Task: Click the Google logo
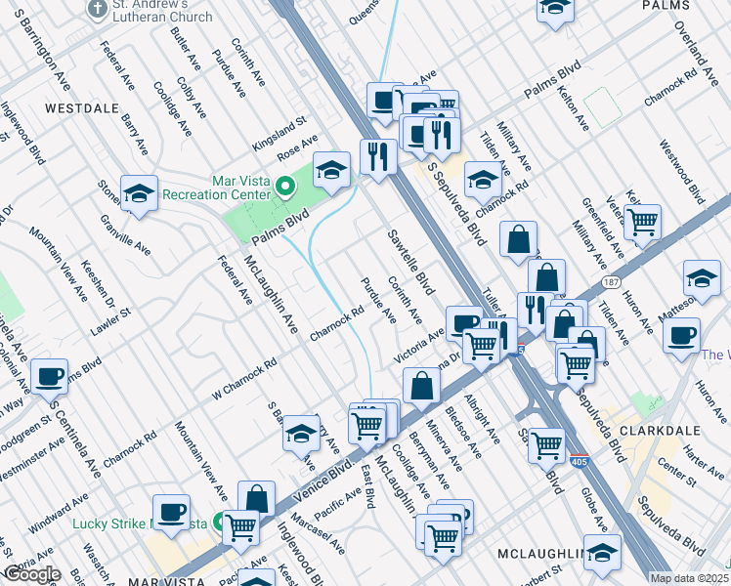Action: click(31, 573)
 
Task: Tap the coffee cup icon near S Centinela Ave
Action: click(49, 376)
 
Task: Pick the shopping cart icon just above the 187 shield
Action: click(642, 223)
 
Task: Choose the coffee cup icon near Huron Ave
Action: click(680, 335)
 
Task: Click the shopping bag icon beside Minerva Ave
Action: click(421, 385)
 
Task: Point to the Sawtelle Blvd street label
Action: click(409, 264)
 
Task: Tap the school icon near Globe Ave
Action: click(602, 552)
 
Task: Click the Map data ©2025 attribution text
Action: click(690, 578)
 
